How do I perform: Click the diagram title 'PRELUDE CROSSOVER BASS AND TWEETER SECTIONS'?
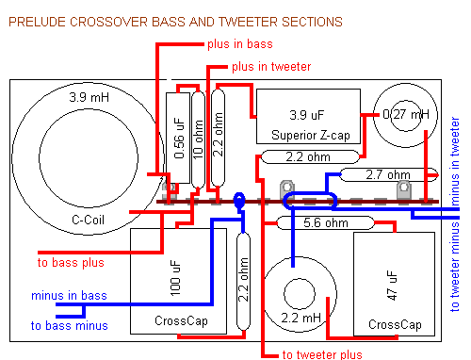click(x=175, y=22)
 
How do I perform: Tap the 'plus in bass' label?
click(x=240, y=44)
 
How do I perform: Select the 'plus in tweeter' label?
click(x=271, y=67)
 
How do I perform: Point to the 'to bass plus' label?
click(x=71, y=263)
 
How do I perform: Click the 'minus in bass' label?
click(x=69, y=296)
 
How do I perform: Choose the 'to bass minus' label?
click(x=69, y=325)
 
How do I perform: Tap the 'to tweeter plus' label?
click(x=322, y=354)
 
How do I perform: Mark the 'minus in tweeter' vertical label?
click(x=455, y=161)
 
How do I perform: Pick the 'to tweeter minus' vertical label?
click(x=455, y=267)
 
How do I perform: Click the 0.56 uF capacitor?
click(x=178, y=138)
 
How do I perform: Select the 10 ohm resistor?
click(x=198, y=139)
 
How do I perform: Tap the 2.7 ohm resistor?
click(x=388, y=175)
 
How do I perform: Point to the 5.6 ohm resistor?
click(x=326, y=222)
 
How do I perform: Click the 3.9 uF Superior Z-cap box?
click(x=308, y=117)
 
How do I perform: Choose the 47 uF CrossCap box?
click(x=395, y=284)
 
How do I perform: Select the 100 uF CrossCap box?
click(x=178, y=281)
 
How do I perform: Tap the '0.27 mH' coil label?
click(x=406, y=114)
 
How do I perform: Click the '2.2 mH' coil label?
click(x=301, y=318)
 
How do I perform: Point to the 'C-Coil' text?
click(x=88, y=220)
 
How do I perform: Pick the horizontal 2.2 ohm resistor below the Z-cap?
click(x=310, y=156)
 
